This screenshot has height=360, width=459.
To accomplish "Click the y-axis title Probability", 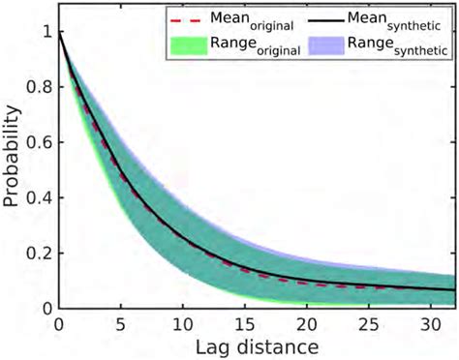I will pos(14,157).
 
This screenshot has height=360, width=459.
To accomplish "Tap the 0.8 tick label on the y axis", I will pos(38,88).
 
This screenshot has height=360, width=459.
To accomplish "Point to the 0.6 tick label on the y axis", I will pos(38,143).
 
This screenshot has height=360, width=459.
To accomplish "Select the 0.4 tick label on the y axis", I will pos(38,198).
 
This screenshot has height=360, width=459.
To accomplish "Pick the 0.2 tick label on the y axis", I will pos(38,254).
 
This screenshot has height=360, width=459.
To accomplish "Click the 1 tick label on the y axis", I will pos(46,33).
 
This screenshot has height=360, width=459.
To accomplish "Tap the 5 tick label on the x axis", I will pos(120,323).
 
